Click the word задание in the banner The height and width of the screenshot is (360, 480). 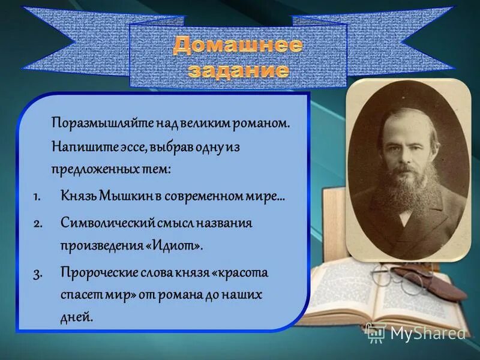click(238, 70)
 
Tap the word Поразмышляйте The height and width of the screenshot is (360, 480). click(103, 123)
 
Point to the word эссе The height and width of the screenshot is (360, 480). click(122, 146)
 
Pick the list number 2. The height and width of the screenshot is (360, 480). click(37, 223)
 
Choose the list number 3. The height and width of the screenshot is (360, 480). click(37, 273)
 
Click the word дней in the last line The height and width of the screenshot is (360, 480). click(77, 317)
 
